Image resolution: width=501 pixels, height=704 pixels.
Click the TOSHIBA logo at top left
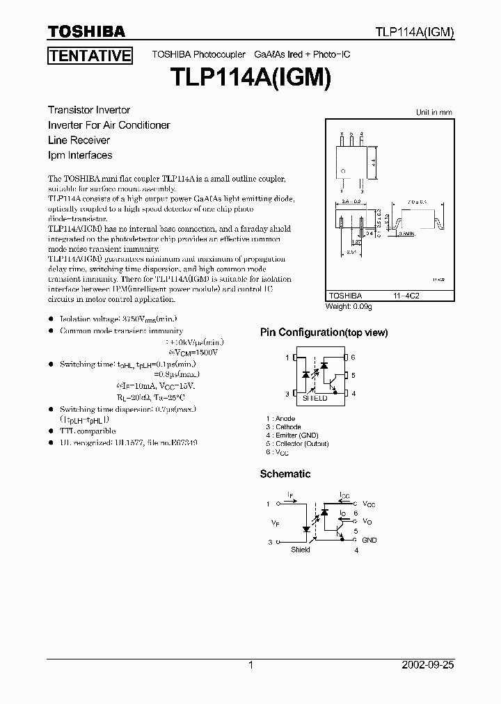click(86, 31)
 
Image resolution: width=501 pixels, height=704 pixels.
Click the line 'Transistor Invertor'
click(89, 110)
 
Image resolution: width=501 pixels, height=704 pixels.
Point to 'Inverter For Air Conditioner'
click(109, 125)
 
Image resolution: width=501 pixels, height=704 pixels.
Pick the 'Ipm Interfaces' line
click(80, 155)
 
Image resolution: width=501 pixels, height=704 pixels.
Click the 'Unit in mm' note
click(434, 112)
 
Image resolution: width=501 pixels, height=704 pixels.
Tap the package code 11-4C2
click(406, 295)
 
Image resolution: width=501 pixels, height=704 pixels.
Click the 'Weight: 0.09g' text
click(349, 306)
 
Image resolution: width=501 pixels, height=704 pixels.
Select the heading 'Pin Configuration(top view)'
click(324, 333)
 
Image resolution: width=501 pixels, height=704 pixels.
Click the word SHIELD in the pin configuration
click(315, 399)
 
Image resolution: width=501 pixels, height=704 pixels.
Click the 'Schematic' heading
click(285, 474)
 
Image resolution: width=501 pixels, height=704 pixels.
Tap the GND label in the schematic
click(369, 540)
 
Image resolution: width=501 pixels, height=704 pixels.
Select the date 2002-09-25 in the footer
click(428, 665)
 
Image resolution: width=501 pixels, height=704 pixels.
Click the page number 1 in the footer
click(251, 665)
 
